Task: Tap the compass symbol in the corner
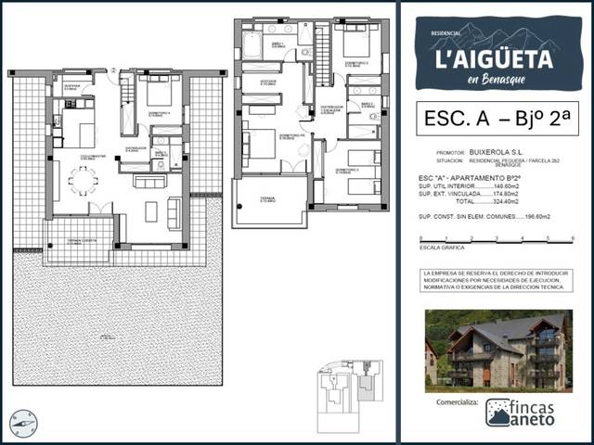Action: pos(23,424)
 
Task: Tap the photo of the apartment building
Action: pos(498,350)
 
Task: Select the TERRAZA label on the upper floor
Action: pos(267,200)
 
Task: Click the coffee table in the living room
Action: pos(151,211)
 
